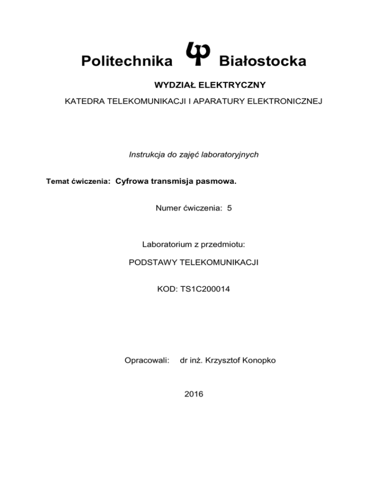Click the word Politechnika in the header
[x=125, y=62]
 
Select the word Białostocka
[x=262, y=62]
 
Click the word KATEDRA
[x=85, y=102]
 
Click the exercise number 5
[x=229, y=207]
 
